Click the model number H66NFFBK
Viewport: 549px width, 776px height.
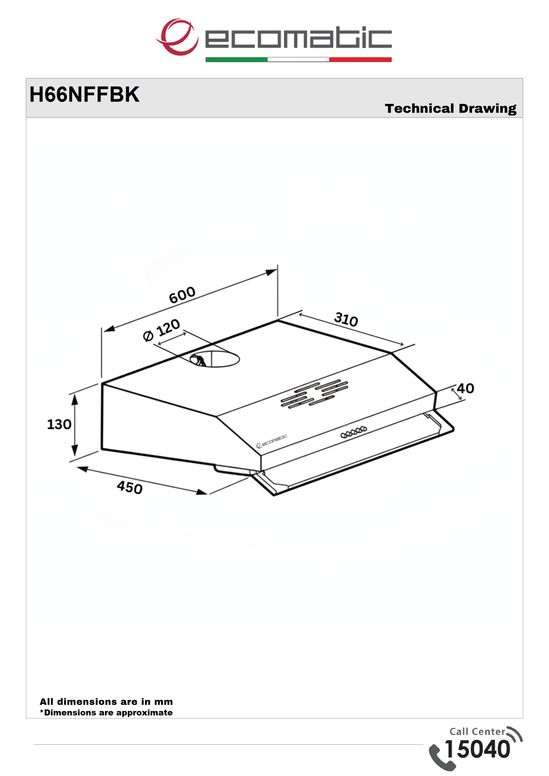pyautogui.click(x=84, y=94)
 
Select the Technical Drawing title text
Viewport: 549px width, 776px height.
pyautogui.click(x=451, y=109)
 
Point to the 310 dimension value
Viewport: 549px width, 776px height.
pyautogui.click(x=346, y=319)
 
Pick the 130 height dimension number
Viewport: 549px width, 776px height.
pyautogui.click(x=59, y=424)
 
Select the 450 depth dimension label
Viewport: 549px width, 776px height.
pyautogui.click(x=129, y=487)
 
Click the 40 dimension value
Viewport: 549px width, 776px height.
pyautogui.click(x=465, y=388)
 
